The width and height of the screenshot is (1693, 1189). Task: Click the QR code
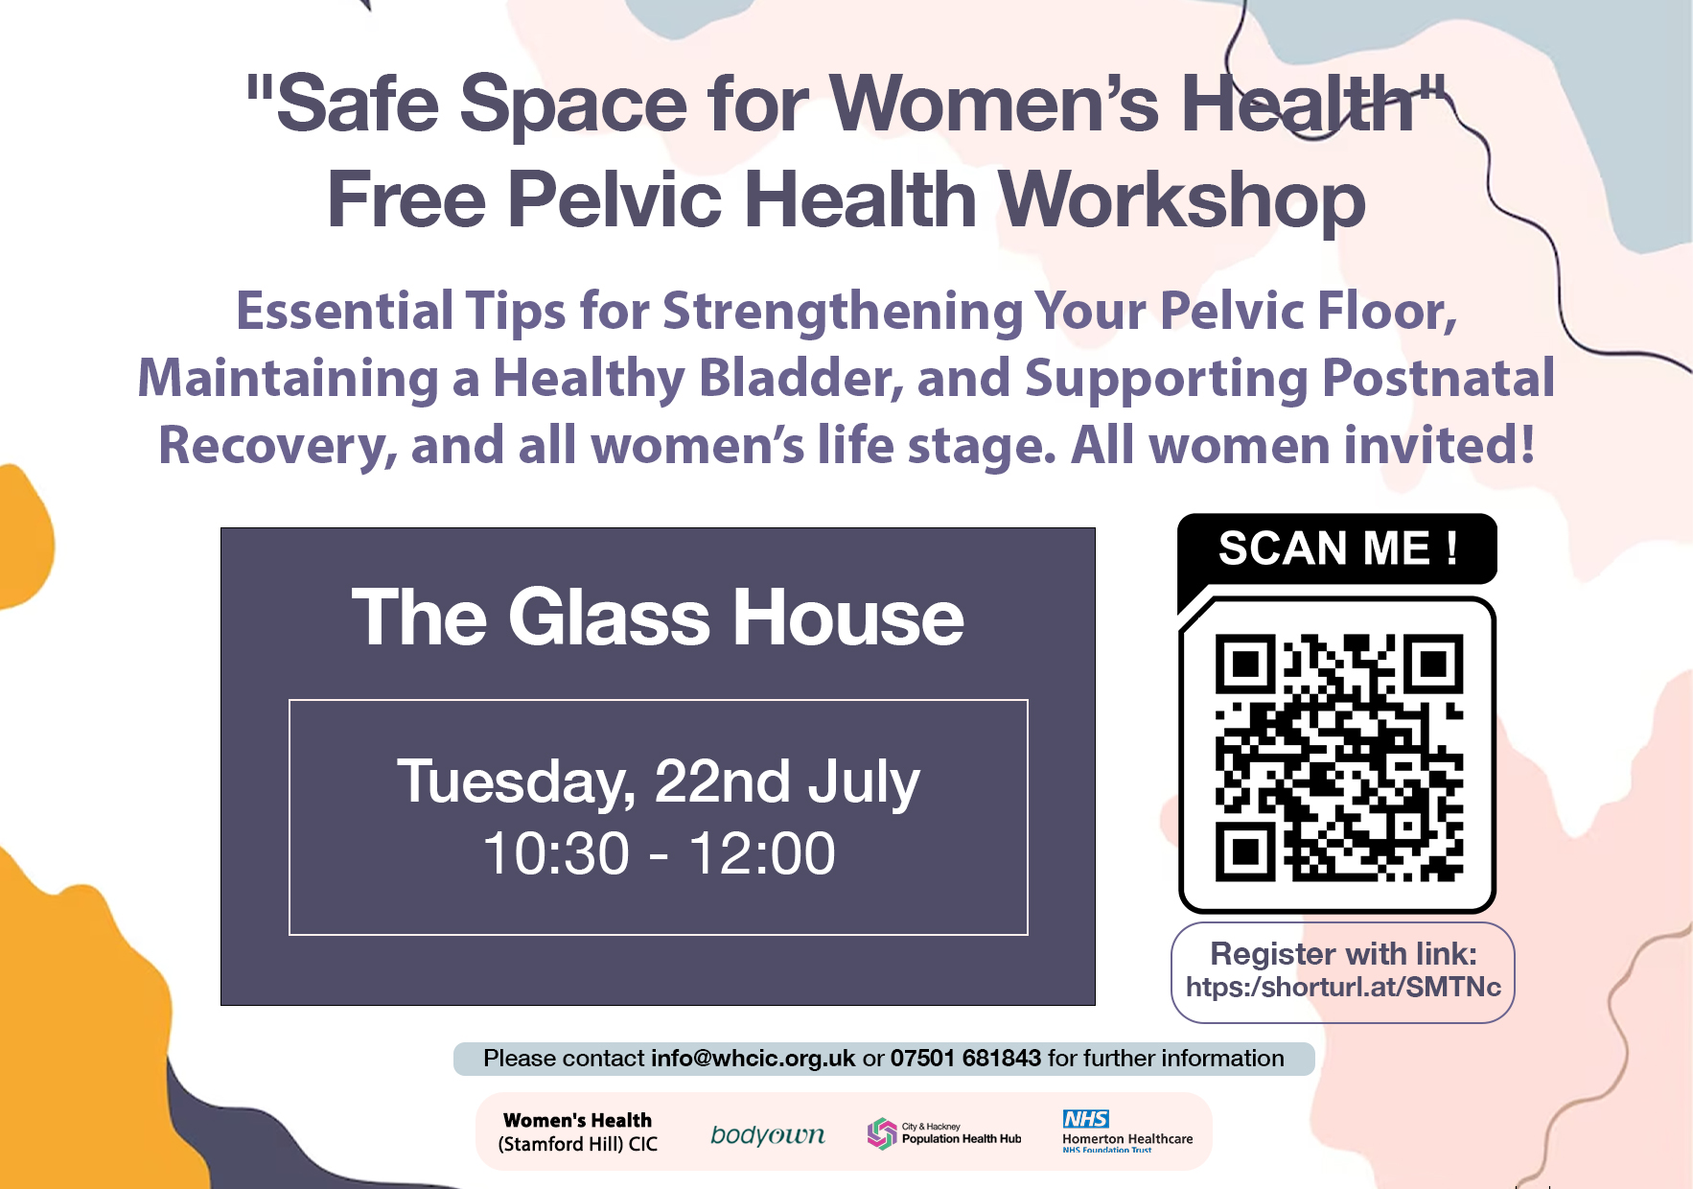[x=1338, y=758]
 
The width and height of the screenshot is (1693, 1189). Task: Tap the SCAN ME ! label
[x=1338, y=549]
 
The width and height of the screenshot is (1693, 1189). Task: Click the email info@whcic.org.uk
[x=753, y=1058]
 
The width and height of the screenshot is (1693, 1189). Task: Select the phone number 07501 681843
[x=965, y=1058]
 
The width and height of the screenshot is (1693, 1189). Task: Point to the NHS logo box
[x=1085, y=1119]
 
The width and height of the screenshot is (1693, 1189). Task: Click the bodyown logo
[x=767, y=1135]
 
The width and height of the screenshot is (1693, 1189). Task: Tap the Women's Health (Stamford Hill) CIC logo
[x=577, y=1132]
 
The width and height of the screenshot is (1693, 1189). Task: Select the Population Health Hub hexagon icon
[x=881, y=1133]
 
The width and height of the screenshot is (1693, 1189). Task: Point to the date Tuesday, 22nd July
[x=659, y=781]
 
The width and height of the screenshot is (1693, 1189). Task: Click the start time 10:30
[x=556, y=853]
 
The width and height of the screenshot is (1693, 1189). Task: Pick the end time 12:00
[x=762, y=853]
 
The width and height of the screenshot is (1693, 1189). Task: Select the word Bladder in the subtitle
[x=801, y=379]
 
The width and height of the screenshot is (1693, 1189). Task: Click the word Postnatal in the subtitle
[x=1438, y=378]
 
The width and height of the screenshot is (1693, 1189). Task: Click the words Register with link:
[x=1343, y=953]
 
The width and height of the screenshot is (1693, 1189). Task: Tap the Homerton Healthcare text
[x=1127, y=1139]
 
